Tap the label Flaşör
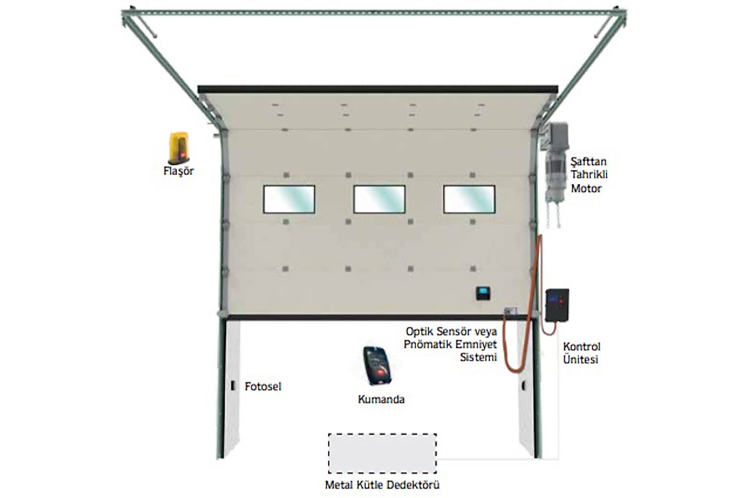(179, 171)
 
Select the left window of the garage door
(289, 199)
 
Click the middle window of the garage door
(379, 199)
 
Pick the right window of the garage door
(469, 199)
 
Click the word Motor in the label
(586, 189)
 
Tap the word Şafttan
(588, 161)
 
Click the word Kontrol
(582, 347)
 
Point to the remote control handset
(377, 366)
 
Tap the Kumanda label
(381, 399)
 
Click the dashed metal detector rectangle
(382, 453)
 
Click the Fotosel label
(263, 386)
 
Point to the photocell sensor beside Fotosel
(233, 386)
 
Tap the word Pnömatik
(428, 344)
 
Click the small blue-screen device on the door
(483, 293)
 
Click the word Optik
(419, 331)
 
